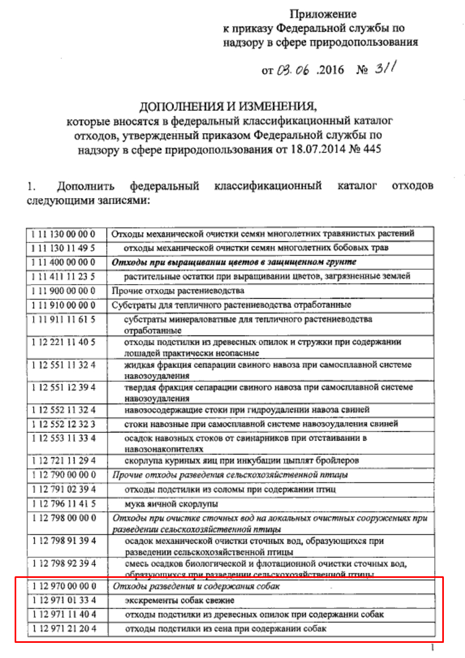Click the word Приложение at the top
click(x=324, y=14)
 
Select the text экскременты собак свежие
click(x=171, y=601)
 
